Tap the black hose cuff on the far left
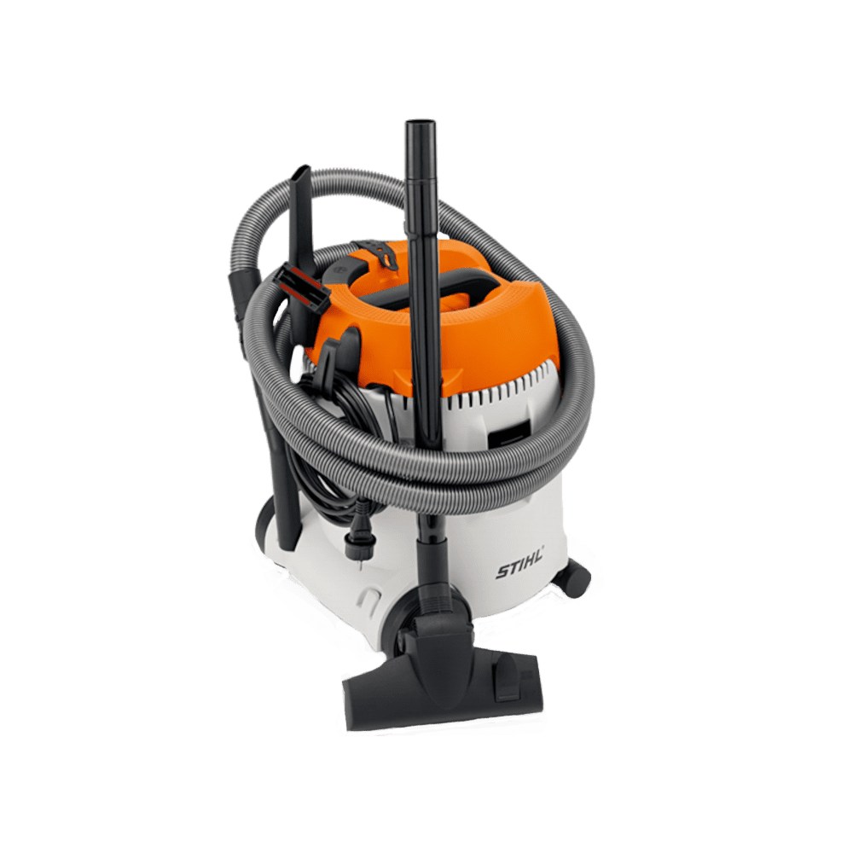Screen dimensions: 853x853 [x=245, y=294]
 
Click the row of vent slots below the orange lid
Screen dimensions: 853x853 [x=495, y=392]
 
